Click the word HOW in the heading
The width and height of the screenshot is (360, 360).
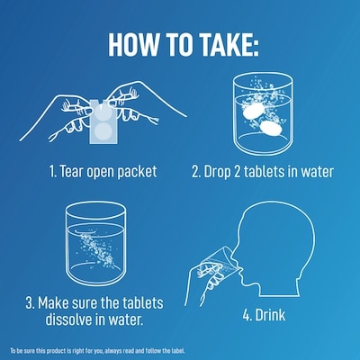pyautogui.click(x=133, y=45)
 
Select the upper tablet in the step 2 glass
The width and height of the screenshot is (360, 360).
pyautogui.click(x=253, y=112)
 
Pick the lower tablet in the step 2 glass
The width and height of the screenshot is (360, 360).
pyautogui.click(x=271, y=127)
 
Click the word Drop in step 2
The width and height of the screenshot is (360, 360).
pyautogui.click(x=217, y=172)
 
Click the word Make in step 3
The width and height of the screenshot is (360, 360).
pyautogui.click(x=51, y=302)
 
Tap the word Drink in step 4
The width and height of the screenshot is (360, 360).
pyautogui.click(x=270, y=315)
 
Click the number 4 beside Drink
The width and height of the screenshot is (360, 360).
pyautogui.click(x=247, y=315)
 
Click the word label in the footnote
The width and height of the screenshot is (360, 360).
pyautogui.click(x=178, y=350)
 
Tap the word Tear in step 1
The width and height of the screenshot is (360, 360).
pyautogui.click(x=71, y=171)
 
